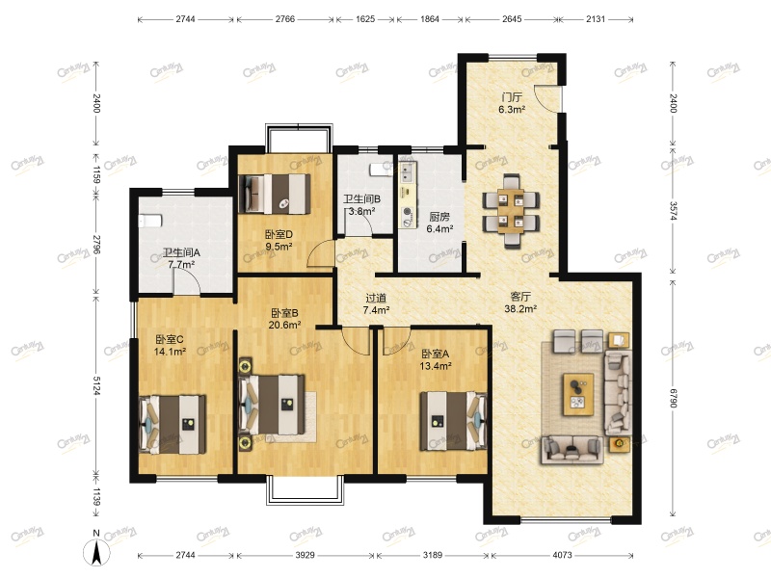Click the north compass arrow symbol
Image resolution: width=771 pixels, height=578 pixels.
(x=96, y=551)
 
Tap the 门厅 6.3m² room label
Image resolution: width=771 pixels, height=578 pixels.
(x=512, y=103)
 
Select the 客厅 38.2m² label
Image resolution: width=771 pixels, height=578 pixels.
(x=520, y=302)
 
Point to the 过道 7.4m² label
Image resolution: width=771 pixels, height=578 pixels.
(x=376, y=303)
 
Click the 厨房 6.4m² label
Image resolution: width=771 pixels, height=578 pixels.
(x=439, y=223)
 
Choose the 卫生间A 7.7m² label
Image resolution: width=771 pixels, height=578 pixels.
(x=181, y=258)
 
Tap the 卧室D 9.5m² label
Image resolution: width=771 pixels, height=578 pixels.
(x=279, y=240)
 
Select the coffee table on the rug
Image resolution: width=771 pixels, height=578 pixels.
(x=578, y=394)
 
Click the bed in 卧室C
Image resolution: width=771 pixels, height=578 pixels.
(x=173, y=425)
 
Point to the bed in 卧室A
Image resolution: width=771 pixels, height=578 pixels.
(x=453, y=421)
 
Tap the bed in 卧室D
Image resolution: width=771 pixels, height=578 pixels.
(x=275, y=194)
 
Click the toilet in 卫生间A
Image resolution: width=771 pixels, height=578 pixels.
(x=150, y=222)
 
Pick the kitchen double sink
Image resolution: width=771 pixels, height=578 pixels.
(x=408, y=172)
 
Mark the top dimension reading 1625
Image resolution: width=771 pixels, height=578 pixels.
(x=365, y=19)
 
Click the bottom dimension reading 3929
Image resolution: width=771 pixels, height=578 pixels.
(x=305, y=555)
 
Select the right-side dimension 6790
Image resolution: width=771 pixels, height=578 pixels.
(x=673, y=399)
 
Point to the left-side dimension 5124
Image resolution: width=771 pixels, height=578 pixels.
(x=96, y=386)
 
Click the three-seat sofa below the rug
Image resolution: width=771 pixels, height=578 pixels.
(x=572, y=449)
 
